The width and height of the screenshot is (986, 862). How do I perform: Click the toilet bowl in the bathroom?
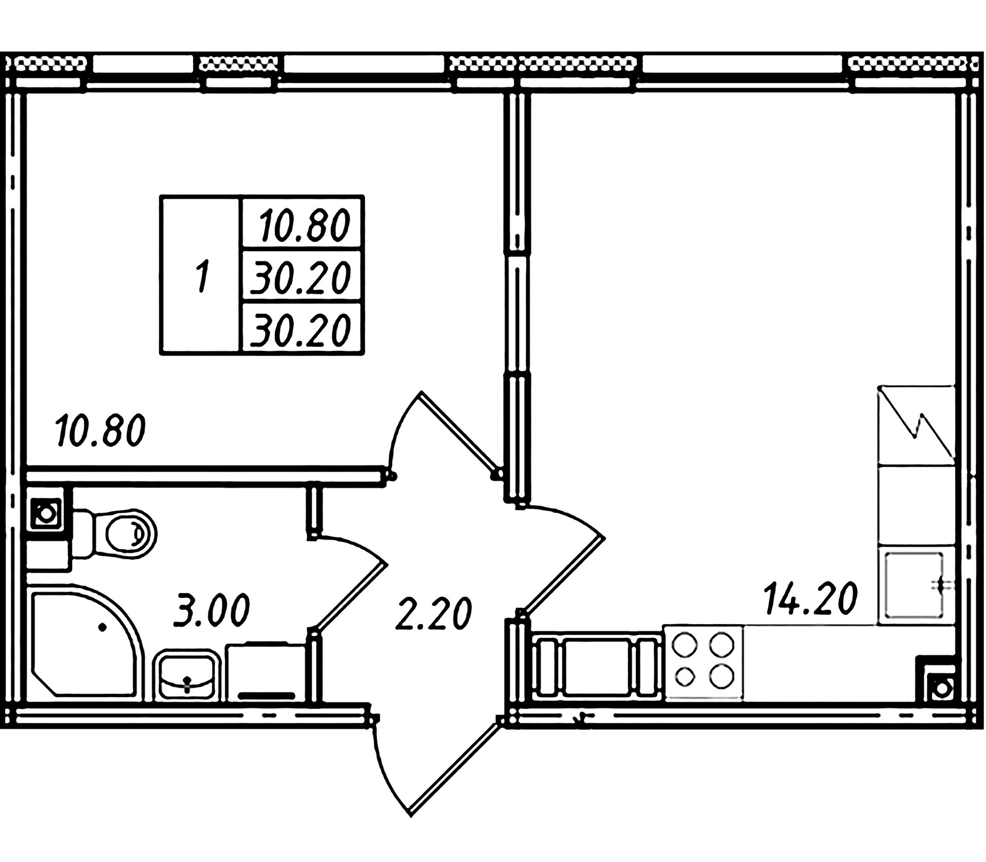[x=123, y=534]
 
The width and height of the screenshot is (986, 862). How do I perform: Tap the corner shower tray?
[x=82, y=642]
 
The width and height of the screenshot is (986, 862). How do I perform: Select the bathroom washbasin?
[x=186, y=675]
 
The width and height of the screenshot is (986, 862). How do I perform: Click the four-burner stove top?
[x=704, y=663]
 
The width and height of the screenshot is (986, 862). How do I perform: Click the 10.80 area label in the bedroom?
[x=101, y=431]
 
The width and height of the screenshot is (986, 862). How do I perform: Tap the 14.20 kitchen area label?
[x=811, y=599]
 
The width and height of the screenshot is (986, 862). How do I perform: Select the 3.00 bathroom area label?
[x=212, y=610]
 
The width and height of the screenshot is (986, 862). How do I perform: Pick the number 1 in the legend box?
[x=202, y=276]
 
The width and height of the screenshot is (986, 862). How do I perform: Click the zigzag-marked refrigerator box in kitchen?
[x=916, y=426]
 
